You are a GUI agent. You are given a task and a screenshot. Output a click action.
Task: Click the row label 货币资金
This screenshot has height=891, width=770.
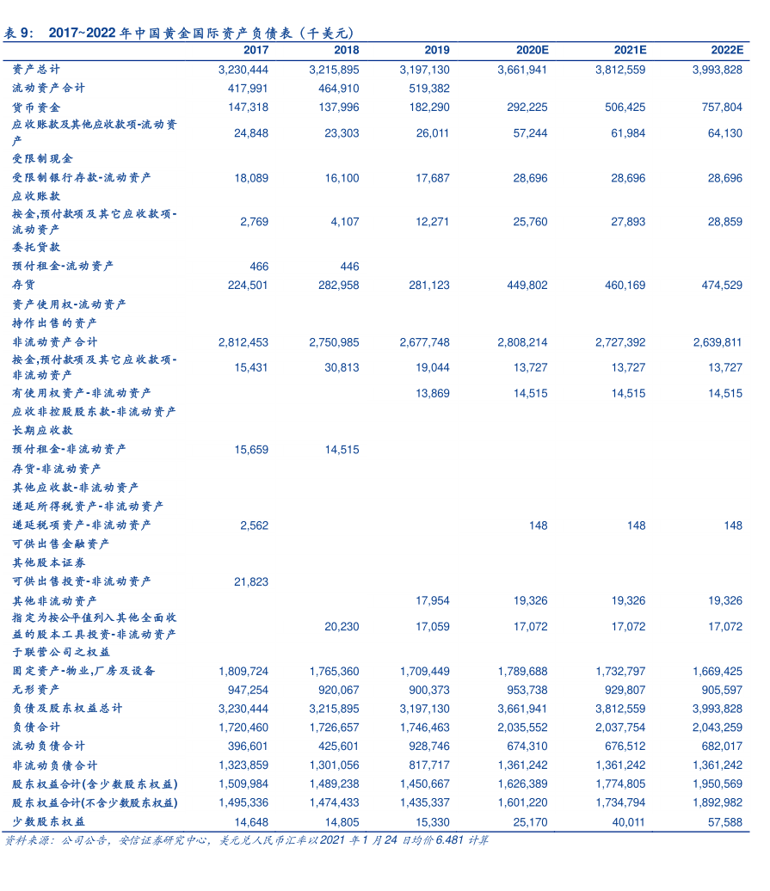[36, 108]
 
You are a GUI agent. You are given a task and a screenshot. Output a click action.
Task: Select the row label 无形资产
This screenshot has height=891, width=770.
[36, 690]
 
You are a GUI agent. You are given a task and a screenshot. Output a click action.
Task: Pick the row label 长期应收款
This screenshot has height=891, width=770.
[42, 430]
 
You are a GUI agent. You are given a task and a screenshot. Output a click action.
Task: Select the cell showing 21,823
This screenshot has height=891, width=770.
[251, 582]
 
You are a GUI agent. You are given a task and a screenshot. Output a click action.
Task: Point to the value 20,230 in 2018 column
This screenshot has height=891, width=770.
[342, 627]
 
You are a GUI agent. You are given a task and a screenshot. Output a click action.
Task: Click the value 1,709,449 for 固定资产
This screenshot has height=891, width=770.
[424, 671]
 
